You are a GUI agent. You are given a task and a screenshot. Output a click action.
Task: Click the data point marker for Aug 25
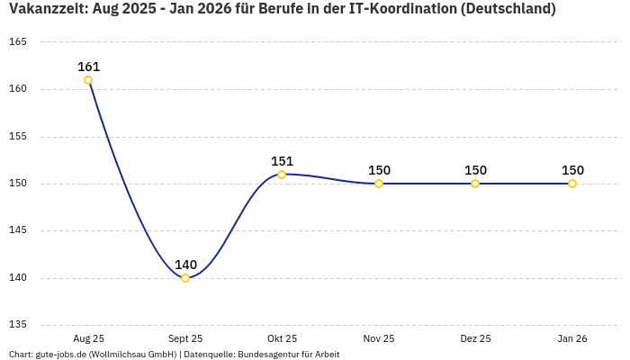(88, 80)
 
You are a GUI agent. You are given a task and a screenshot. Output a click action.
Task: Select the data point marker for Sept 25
(185, 278)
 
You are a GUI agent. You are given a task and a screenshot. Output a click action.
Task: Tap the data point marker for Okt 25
(282, 175)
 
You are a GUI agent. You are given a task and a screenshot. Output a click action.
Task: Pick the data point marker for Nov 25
(379, 184)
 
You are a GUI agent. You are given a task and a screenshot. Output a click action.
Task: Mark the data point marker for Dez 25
(475, 184)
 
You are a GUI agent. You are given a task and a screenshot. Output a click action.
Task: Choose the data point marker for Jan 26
(572, 184)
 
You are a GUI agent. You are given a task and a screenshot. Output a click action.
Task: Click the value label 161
(88, 67)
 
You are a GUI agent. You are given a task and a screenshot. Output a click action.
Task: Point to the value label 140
(185, 265)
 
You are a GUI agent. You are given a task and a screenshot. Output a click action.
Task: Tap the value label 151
(282, 161)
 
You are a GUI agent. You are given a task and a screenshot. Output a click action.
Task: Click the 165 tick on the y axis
(18, 42)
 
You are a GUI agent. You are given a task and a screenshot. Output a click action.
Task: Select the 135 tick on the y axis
(18, 325)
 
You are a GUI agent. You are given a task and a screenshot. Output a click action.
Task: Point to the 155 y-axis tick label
(18, 137)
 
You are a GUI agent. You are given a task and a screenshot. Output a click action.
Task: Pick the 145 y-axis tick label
(18, 230)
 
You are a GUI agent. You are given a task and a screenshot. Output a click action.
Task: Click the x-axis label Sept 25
(185, 338)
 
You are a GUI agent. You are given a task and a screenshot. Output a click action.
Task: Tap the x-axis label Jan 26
(572, 338)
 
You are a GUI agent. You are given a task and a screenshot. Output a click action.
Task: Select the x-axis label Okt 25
(282, 338)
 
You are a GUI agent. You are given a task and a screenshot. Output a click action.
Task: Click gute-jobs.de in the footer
(61, 354)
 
